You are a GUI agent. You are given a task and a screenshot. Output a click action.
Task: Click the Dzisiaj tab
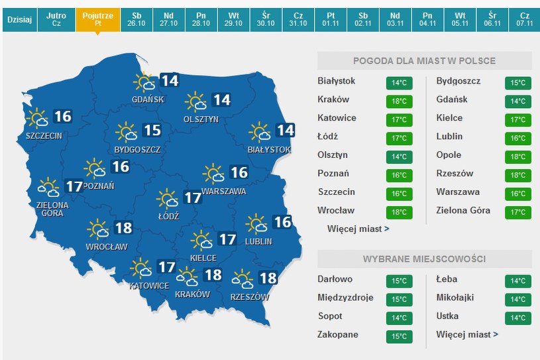coord(19,19)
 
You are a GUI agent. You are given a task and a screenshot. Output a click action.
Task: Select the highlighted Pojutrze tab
coord(98,19)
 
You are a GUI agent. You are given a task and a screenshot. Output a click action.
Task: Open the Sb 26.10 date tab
coord(136,19)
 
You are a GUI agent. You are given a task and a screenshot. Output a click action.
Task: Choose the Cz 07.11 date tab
coord(524,19)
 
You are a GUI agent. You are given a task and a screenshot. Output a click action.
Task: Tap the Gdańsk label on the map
coord(148,99)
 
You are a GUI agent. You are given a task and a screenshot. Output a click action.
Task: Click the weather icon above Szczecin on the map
coord(38,117)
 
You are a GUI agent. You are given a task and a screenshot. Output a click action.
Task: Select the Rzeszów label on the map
coord(250,297)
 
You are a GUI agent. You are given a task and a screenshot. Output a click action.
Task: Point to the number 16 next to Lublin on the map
coord(282,222)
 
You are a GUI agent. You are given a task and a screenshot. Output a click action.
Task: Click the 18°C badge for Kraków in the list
coord(399,102)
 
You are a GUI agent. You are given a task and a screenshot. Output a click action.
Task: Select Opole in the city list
coord(449,154)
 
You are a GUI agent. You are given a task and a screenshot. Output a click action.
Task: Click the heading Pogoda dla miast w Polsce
coord(424,61)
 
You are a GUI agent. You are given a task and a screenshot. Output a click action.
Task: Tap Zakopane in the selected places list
coord(339,335)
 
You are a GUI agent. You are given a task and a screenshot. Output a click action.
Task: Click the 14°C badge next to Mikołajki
coord(517,300)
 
